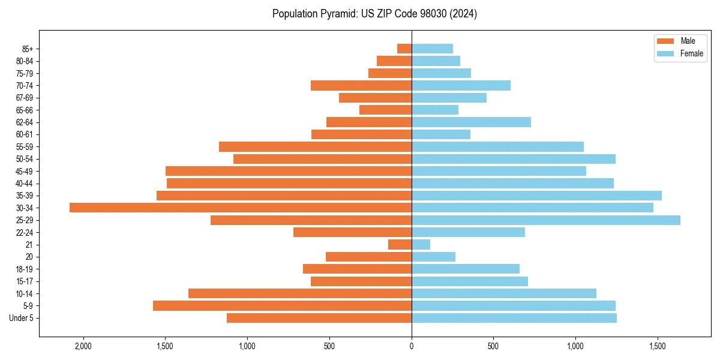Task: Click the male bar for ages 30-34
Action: (240, 208)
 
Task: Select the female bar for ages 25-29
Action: (546, 220)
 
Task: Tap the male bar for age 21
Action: (400, 245)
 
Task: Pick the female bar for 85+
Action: (432, 49)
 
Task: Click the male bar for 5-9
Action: (282, 306)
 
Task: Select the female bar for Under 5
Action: (514, 318)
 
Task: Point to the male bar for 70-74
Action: (361, 86)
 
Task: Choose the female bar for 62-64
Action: (471, 122)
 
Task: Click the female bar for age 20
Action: (433, 257)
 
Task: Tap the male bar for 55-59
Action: (315, 147)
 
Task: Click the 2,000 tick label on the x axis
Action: (83, 346)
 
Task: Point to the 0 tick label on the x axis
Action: (412, 346)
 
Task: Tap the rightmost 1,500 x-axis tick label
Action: (658, 346)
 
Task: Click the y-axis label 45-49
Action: (25, 172)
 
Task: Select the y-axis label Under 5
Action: (22, 318)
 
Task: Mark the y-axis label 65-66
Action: (25, 110)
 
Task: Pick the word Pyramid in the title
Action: (337, 14)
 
